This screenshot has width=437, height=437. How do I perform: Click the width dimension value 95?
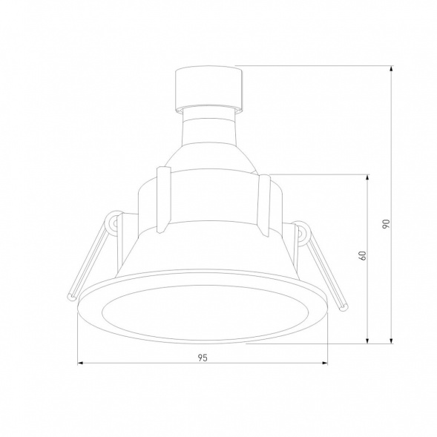pos(203,358)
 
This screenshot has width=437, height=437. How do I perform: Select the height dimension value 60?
pos(362,256)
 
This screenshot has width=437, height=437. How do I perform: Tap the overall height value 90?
pos(386,223)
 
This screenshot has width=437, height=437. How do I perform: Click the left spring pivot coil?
pos(114,222)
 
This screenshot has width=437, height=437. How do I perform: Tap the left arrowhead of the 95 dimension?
pos(80,364)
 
